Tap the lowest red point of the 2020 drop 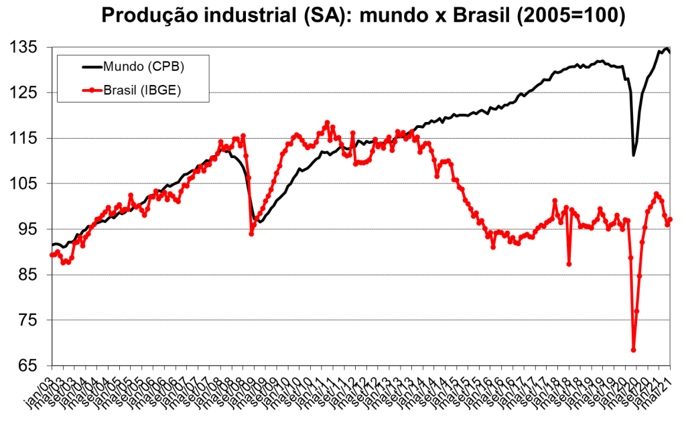tap(633, 350)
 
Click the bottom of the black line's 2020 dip tap(634, 155)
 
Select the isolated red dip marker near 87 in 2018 tap(569, 264)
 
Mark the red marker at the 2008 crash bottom tap(251, 233)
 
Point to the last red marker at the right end tap(670, 220)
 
